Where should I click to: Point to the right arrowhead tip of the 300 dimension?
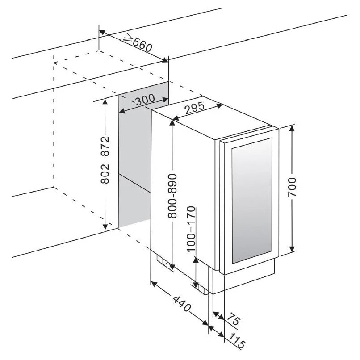(167, 99)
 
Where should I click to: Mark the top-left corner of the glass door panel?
(232, 148)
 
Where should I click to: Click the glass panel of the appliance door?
(252, 201)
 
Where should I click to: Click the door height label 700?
(292, 187)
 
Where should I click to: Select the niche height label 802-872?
(105, 160)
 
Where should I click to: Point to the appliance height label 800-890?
(172, 196)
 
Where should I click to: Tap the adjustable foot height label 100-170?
(191, 229)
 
